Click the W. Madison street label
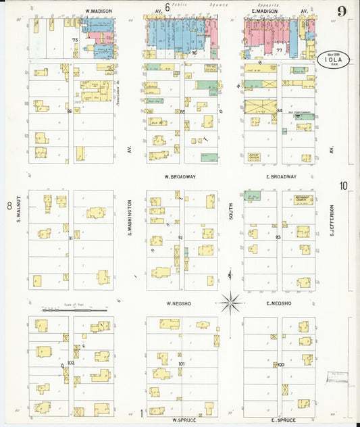point(99,11)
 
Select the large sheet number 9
point(342,11)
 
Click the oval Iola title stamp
point(332,59)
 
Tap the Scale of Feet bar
point(75,310)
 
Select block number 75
point(75,41)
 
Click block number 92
point(180,238)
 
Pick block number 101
point(181,364)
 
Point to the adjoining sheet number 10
point(344,186)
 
